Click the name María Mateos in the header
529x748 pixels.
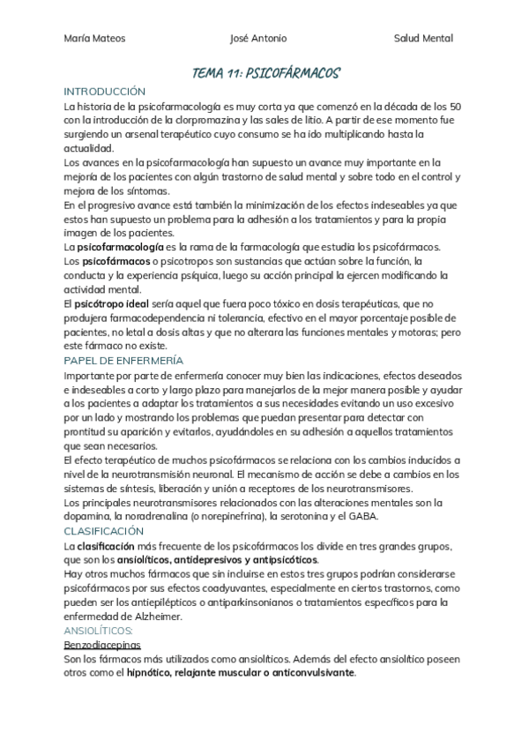click(95, 38)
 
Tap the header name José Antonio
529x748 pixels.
click(257, 38)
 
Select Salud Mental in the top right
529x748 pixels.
click(423, 38)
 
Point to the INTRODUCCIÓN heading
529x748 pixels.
click(105, 92)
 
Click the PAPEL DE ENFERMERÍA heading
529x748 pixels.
click(123, 361)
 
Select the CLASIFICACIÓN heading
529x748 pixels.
click(104, 531)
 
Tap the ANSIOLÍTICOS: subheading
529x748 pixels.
click(99, 632)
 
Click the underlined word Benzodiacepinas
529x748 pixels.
click(103, 645)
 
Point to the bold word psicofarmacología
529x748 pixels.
click(120, 247)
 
